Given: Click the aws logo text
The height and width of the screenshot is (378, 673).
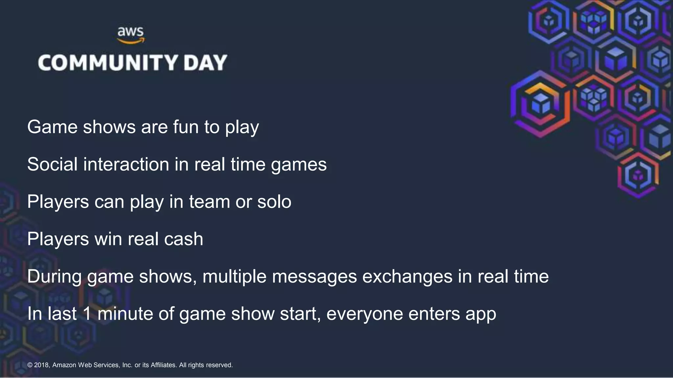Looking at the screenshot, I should click(130, 32).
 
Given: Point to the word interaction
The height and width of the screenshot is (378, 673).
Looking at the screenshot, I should click(126, 164).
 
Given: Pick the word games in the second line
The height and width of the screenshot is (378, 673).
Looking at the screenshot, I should click(299, 165).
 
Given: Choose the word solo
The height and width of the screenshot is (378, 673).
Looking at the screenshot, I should click(274, 201).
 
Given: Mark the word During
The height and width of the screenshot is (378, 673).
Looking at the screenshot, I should click(54, 276).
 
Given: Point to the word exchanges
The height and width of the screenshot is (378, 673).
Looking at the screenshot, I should click(407, 276).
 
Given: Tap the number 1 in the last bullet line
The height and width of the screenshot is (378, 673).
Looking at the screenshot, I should click(87, 314).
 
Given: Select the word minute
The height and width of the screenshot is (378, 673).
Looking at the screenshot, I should click(125, 314).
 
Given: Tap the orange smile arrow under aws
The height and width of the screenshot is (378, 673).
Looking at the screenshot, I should click(131, 41).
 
